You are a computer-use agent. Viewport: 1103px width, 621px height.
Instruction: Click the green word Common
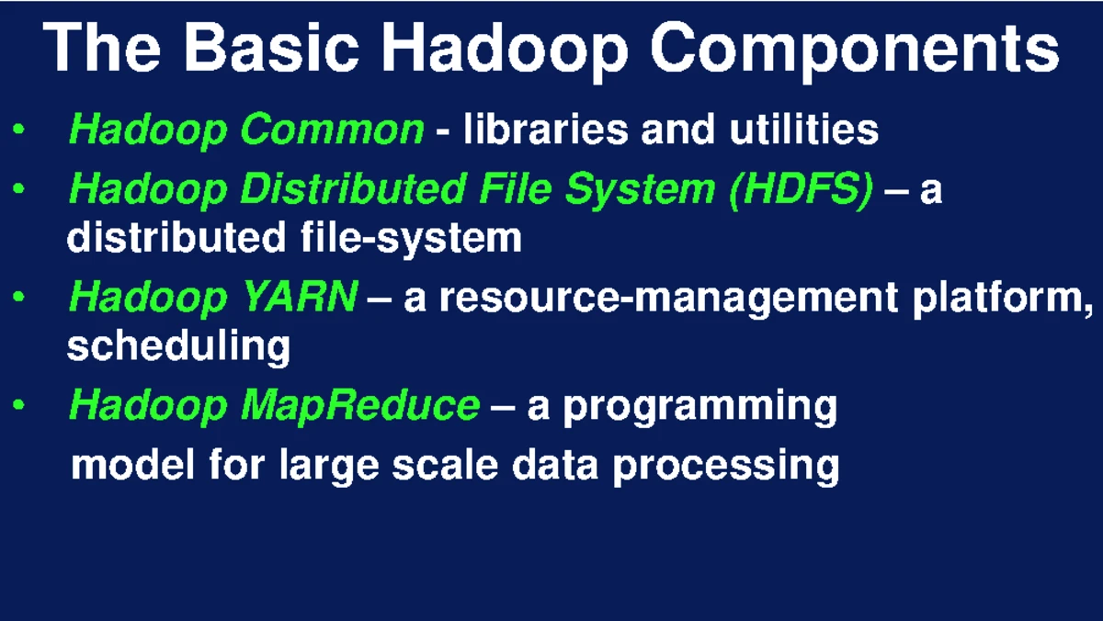(332, 130)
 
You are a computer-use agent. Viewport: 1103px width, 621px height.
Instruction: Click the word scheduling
(178, 347)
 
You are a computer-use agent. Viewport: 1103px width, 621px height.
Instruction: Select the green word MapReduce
(359, 405)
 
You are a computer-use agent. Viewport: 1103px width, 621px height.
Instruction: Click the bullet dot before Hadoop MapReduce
(19, 405)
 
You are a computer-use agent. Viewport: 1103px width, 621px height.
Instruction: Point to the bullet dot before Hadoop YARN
(19, 298)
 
